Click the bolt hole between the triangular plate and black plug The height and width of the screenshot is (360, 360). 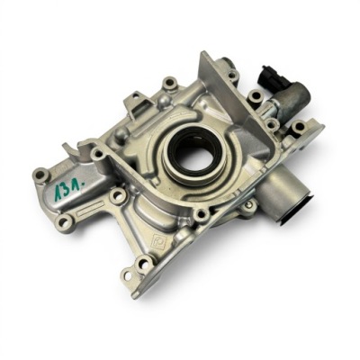(x=255, y=95)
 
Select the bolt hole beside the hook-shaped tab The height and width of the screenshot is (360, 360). (x=97, y=154)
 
